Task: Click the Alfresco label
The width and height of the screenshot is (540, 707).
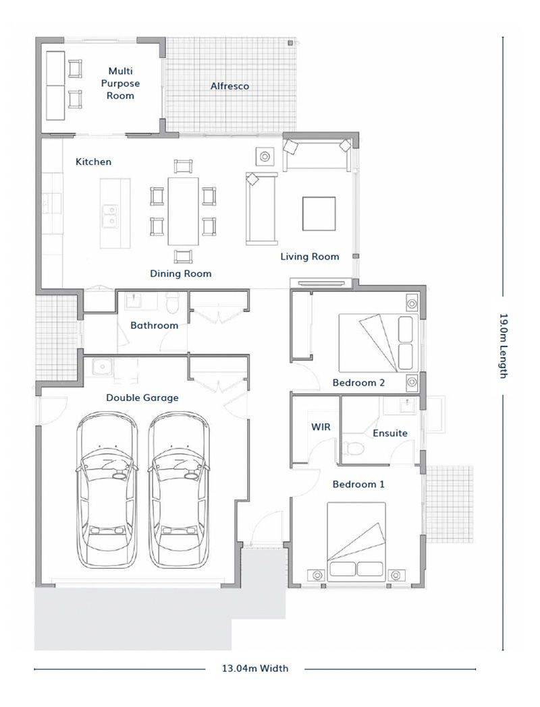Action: click(230, 86)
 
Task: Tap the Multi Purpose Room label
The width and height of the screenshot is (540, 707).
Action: click(120, 83)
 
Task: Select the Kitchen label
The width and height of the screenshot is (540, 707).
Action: click(93, 162)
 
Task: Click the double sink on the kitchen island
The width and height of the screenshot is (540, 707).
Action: click(109, 216)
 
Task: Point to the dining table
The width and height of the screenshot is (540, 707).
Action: click(184, 211)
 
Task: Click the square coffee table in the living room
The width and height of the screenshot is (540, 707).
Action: click(319, 214)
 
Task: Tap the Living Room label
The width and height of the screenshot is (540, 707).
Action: click(310, 257)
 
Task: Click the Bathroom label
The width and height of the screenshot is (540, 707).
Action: click(155, 325)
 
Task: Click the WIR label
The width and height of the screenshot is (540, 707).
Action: click(321, 426)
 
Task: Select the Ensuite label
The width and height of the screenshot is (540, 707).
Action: click(390, 433)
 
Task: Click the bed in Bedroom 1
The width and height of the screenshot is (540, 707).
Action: click(356, 541)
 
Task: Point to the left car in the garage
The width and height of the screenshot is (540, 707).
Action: click(107, 490)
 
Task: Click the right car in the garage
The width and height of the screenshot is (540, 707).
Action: click(179, 490)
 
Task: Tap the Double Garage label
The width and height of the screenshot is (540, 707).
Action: click(142, 398)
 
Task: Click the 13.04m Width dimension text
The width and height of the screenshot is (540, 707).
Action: click(254, 668)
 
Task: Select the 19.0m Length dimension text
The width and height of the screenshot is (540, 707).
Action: click(503, 346)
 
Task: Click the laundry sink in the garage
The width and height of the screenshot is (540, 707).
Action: click(102, 367)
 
